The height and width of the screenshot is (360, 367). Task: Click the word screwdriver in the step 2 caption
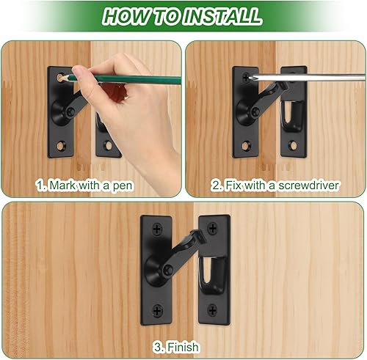click(x=310, y=185)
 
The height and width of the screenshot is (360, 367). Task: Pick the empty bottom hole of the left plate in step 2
click(x=244, y=144)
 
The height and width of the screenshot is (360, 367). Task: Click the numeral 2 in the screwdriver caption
click(x=215, y=185)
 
